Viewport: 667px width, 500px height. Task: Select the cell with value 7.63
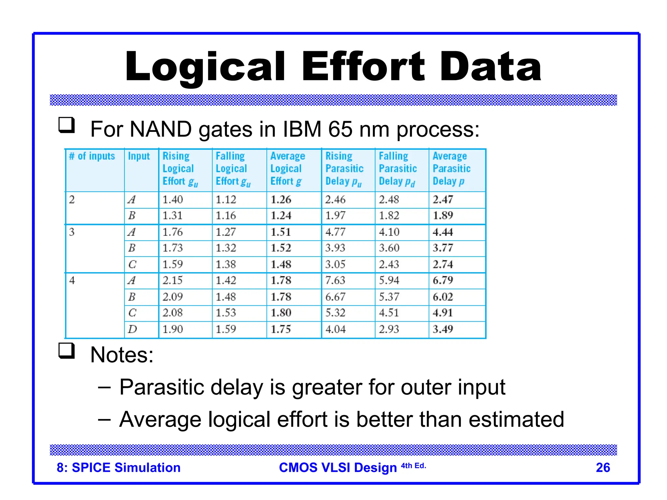click(335, 281)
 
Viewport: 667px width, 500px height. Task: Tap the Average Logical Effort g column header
click(288, 169)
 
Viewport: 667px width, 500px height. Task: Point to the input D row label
click(132, 329)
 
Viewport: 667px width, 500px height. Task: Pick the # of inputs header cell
click(92, 156)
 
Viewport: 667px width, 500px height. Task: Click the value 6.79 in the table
click(443, 281)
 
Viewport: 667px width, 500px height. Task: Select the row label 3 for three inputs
click(72, 232)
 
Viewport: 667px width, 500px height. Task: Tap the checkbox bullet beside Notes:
click(66, 351)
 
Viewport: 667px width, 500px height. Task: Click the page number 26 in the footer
click(603, 467)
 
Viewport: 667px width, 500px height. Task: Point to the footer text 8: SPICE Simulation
click(119, 467)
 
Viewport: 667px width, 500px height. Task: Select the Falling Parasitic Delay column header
click(398, 169)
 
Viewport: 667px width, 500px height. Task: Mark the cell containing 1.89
click(443, 215)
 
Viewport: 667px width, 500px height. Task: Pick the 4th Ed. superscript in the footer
click(413, 465)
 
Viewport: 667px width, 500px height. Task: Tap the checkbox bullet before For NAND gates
click(66, 125)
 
